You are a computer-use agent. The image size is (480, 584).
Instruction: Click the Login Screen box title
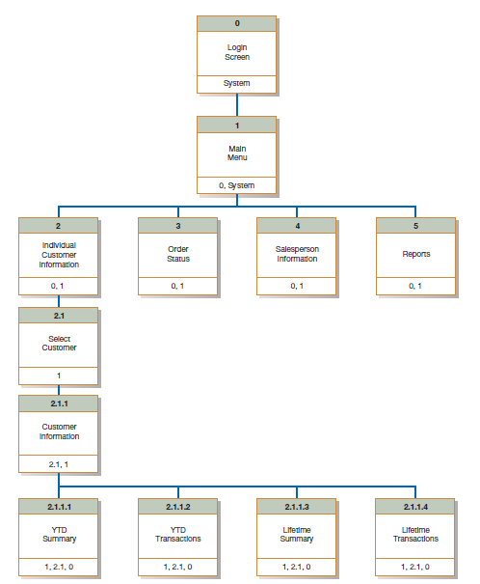click(x=236, y=52)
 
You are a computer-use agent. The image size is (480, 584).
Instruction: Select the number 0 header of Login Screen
click(x=236, y=22)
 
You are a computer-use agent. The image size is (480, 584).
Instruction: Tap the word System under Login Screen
click(x=236, y=84)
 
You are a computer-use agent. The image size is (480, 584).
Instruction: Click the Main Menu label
click(x=236, y=153)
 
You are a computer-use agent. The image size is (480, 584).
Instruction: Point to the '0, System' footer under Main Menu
click(x=236, y=184)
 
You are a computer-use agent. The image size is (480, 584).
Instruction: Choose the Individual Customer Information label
click(x=59, y=255)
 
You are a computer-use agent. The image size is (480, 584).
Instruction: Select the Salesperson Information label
click(x=297, y=255)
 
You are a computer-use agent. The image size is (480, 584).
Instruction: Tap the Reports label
click(x=415, y=255)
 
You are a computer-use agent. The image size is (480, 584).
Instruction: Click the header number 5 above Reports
click(x=415, y=226)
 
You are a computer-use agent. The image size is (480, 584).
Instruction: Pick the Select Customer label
click(x=59, y=344)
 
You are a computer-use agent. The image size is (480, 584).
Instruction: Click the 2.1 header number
click(x=59, y=315)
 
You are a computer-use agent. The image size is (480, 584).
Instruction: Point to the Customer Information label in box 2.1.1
click(x=59, y=431)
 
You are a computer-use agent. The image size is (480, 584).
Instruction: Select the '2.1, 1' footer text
click(x=59, y=464)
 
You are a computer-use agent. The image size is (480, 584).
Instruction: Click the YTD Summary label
click(x=59, y=534)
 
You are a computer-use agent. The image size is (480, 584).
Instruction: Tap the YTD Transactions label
click(x=178, y=534)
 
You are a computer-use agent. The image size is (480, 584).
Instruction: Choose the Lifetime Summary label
click(x=297, y=534)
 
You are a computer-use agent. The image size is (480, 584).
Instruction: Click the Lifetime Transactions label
click(x=415, y=534)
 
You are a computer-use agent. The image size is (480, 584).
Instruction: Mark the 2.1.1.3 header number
click(x=297, y=506)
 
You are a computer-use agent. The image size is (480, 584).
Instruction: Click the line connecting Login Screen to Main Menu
click(x=236, y=105)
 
